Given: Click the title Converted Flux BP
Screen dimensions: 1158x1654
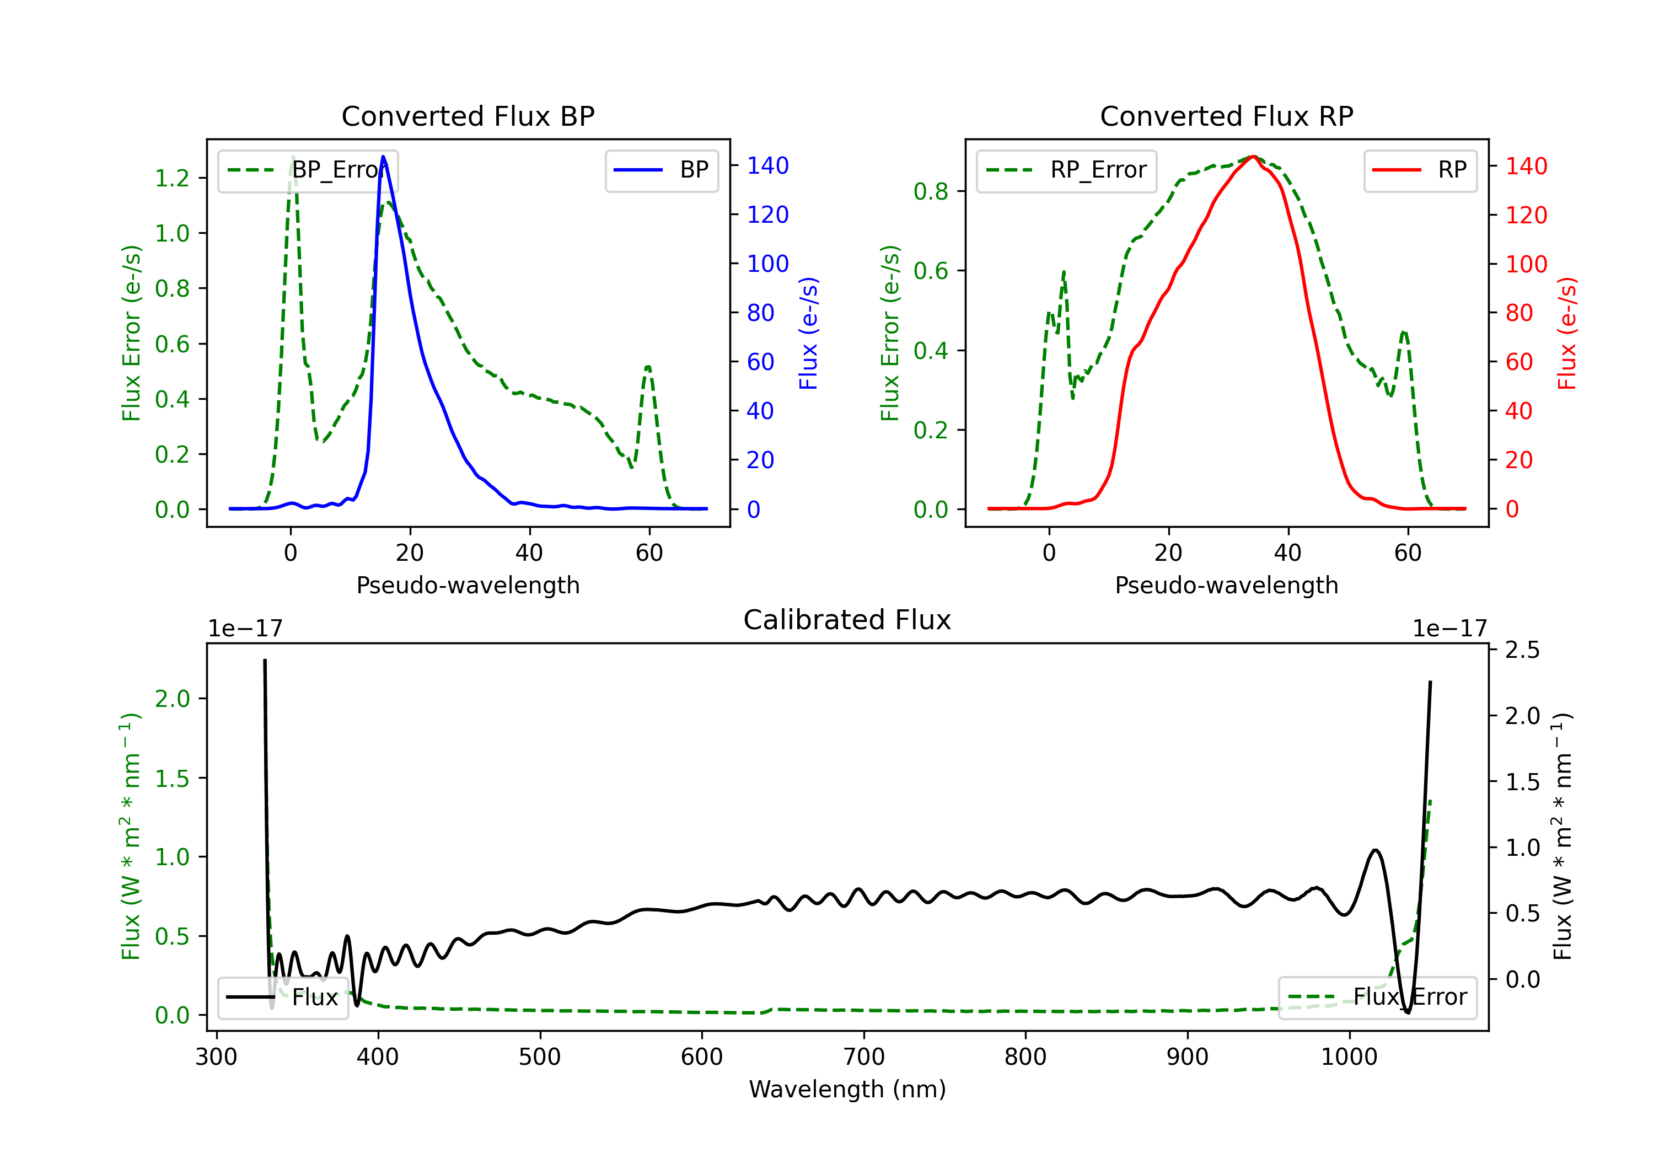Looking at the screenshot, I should (468, 116).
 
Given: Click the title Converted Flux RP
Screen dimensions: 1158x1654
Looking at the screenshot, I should (1226, 116).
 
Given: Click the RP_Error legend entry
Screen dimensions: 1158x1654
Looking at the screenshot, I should (1066, 170).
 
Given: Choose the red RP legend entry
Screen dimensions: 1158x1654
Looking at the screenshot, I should (1420, 170).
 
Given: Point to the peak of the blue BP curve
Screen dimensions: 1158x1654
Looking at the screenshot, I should (383, 157).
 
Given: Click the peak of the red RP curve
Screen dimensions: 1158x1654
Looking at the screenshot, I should (1254, 157).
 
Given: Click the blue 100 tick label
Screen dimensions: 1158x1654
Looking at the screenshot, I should (767, 264).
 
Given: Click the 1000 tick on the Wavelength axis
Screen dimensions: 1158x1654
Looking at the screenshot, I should (1349, 1057).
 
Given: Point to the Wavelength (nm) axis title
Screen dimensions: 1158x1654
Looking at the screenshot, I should (847, 1089).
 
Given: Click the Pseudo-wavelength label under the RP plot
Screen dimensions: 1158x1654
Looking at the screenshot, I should (1226, 585).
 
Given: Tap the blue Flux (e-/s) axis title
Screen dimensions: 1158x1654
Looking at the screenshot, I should (808, 333).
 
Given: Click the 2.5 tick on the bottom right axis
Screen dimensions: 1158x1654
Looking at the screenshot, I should (1522, 650).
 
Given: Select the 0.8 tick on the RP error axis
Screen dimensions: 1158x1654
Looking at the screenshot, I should (931, 192).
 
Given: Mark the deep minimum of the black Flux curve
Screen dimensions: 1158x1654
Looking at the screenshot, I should (1408, 1012).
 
